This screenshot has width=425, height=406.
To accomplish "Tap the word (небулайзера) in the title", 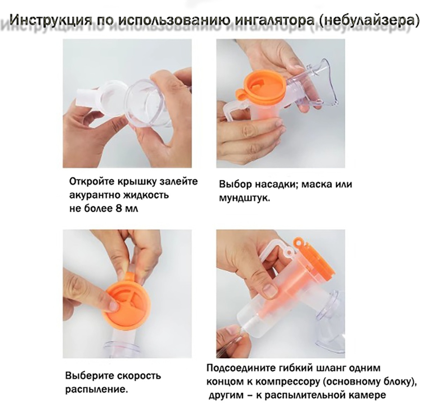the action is coord(367,20).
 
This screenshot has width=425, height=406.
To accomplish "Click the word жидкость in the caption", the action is coord(146,195).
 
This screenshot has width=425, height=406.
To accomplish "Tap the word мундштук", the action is coord(244,198).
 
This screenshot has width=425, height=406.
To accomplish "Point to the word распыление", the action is coord(96,390).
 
